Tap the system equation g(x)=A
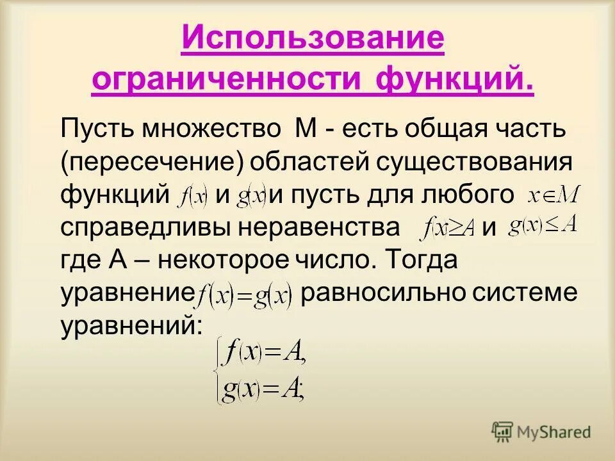pos(263,389)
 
